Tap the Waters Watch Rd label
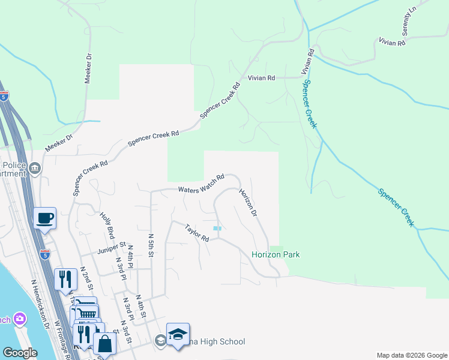201,184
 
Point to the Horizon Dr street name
248,203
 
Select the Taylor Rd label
197,233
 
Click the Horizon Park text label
276,255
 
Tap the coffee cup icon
45,218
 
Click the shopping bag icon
104,344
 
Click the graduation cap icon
178,334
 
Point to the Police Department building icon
35,167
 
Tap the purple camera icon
20,318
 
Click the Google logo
20,353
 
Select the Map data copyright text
411,355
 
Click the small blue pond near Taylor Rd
217,228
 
